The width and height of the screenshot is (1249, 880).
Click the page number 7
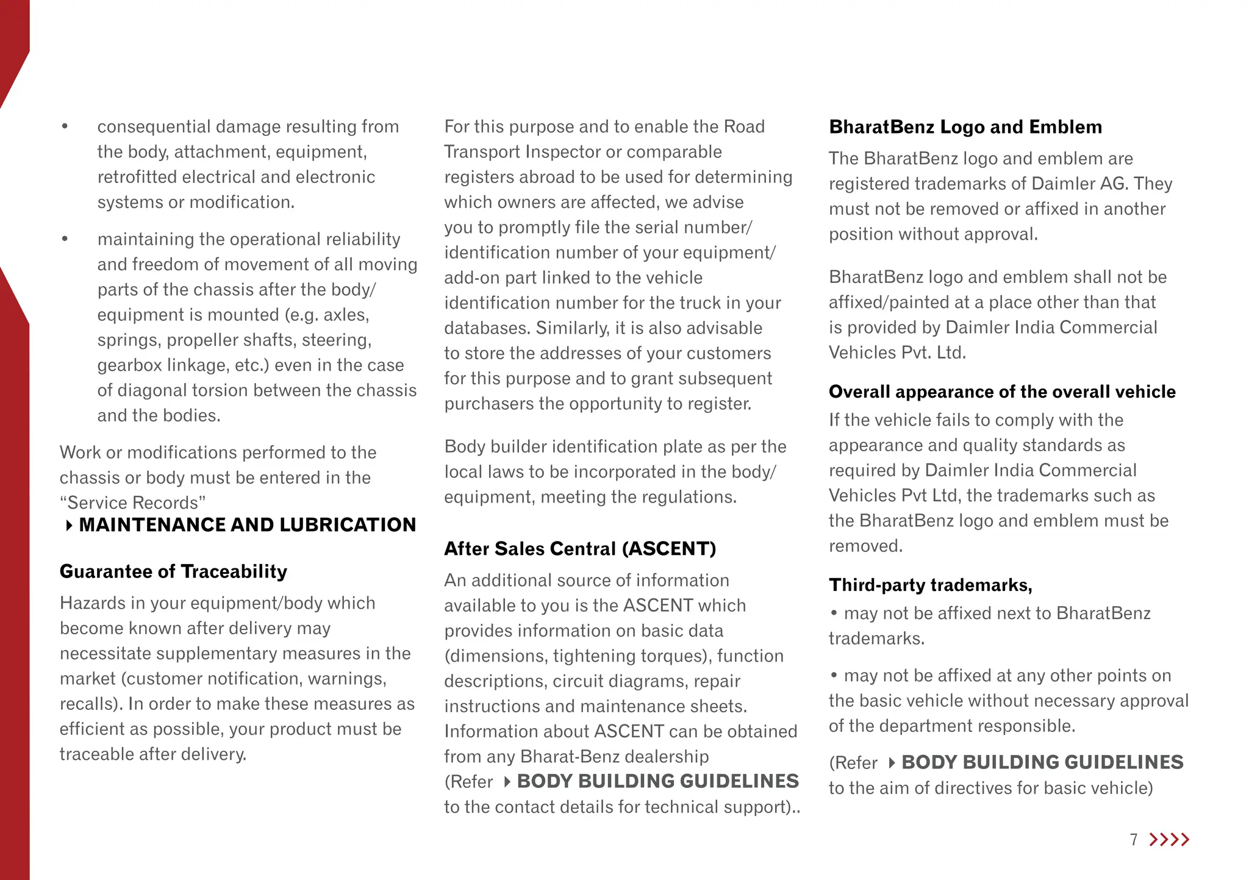[x=1134, y=840]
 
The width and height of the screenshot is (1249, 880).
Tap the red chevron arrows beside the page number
[x=1168, y=840]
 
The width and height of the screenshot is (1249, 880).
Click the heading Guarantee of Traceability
[x=173, y=571]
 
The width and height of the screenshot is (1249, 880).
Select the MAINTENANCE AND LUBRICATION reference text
[x=247, y=525]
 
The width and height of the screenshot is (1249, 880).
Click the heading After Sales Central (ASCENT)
[x=579, y=549]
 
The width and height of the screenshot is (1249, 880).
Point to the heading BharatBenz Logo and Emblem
[x=965, y=127]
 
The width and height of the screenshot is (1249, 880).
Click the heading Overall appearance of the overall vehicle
[x=1002, y=392]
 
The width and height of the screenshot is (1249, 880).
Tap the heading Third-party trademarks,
[x=930, y=585]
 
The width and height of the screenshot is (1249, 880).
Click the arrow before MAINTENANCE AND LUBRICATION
[x=69, y=525]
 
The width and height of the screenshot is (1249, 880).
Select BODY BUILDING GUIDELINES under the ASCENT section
[x=657, y=781]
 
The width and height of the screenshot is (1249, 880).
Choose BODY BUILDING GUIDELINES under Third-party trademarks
[x=1042, y=762]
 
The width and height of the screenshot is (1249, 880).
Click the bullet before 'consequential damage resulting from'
[x=65, y=127]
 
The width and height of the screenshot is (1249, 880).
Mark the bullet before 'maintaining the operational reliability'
[x=65, y=239]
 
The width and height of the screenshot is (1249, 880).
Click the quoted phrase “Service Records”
[x=132, y=503]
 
